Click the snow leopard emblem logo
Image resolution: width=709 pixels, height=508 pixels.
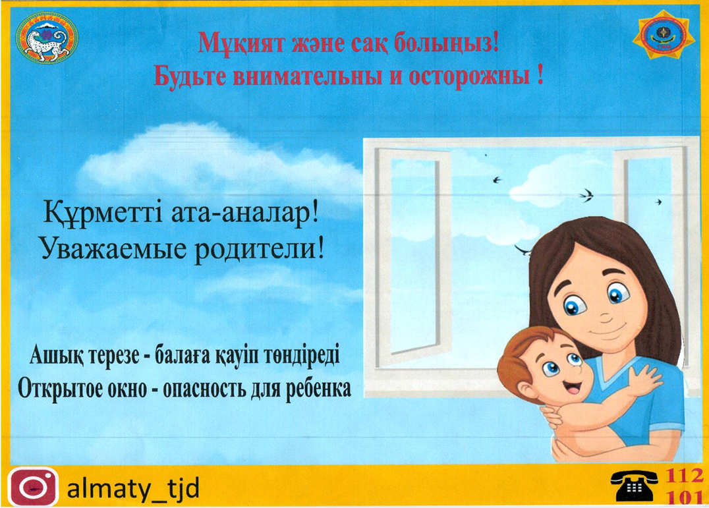pyautogui.click(x=47, y=38)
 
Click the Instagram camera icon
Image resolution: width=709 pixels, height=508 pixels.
pyautogui.click(x=33, y=487)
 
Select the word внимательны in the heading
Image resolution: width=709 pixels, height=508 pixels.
pyautogui.click(x=331, y=76)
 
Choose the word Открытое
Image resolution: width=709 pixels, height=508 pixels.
pyautogui.click(x=82, y=389)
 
